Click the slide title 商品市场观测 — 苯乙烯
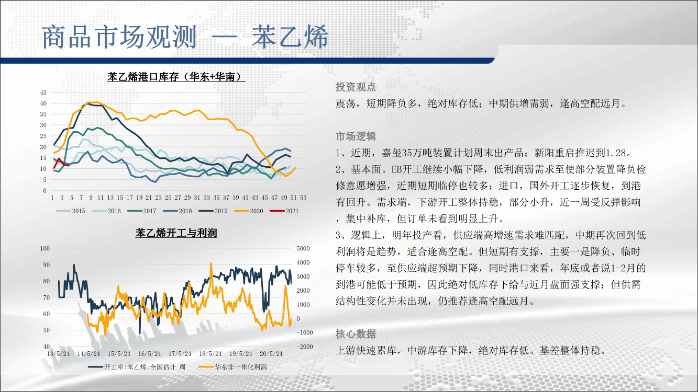pos(185,37)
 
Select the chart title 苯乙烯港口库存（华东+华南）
pos(176,76)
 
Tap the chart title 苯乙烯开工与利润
pos(176,233)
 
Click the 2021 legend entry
pos(284,211)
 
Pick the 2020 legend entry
pos(249,211)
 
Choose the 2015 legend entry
pos(71,211)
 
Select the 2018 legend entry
pos(178,211)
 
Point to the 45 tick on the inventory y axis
pos(43,93)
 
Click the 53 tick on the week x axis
pos(303,198)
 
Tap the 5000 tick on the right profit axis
pos(303,249)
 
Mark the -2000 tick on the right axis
pos(304,347)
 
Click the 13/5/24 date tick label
pos(58,354)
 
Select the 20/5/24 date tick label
pos(271,354)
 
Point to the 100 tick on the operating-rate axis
pos(45,249)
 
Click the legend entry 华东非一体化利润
pos(233,367)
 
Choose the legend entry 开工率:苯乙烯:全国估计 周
pos(137,367)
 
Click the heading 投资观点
pos(356,87)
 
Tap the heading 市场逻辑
pos(356,136)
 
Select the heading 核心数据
pos(356,334)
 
